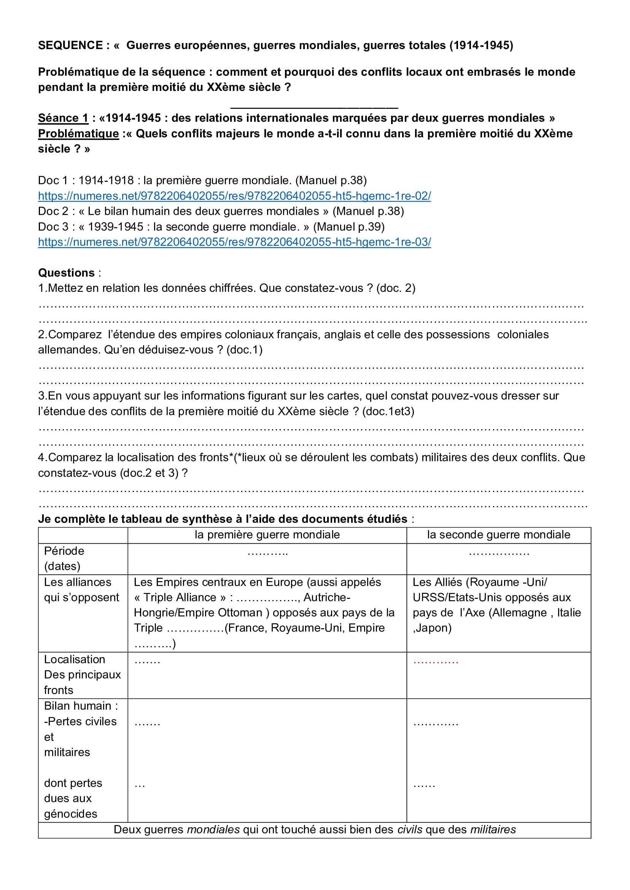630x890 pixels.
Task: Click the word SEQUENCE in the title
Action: tap(70, 45)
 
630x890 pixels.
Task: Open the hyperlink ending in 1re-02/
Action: tap(234, 196)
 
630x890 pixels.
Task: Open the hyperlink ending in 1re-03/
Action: tap(234, 242)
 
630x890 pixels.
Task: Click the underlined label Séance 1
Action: tap(63, 118)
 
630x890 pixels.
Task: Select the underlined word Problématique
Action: tap(78, 134)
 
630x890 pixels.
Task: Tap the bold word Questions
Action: tap(66, 273)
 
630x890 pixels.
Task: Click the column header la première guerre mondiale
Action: tap(267, 535)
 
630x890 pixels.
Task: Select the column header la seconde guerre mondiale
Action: tap(498, 535)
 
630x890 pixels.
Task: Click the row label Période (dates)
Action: tap(64, 558)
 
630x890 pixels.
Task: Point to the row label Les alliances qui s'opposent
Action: tap(81, 589)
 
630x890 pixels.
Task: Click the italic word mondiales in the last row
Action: tap(213, 829)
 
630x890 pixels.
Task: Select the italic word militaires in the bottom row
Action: tap(493, 829)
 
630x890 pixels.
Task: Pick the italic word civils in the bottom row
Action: tap(410, 829)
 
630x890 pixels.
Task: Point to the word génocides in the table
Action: tap(71, 814)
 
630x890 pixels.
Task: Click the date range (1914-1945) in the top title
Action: tap(481, 45)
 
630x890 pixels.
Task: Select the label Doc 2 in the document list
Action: tap(53, 211)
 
